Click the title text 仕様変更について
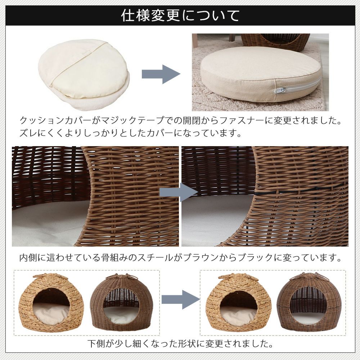coord(180,15)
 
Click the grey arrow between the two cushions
coord(161,74)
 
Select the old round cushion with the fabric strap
coord(84,74)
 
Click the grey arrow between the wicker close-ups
coord(179,192)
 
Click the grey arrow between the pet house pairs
coord(181,300)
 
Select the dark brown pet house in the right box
coord(309,303)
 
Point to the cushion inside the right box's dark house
coord(309,318)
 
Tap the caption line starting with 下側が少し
coord(180,344)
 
